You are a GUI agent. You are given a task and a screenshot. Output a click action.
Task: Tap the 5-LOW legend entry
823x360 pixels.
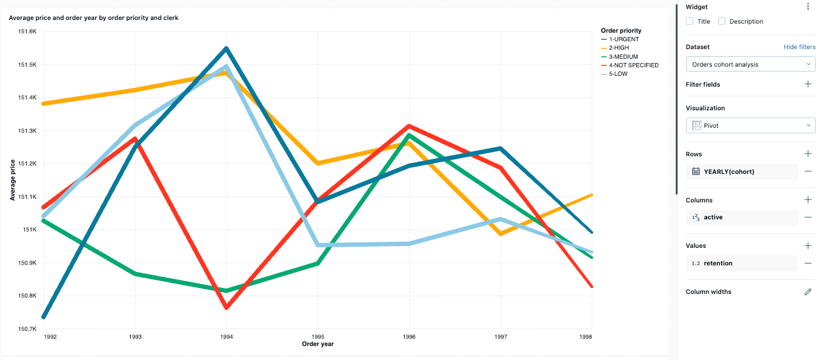pos(618,74)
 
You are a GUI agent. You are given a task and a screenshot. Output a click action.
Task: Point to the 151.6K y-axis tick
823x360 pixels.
pos(28,32)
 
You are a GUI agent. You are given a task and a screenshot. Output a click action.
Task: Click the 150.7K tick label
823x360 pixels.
pos(28,329)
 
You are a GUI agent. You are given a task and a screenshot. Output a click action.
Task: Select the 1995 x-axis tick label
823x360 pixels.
pos(318,336)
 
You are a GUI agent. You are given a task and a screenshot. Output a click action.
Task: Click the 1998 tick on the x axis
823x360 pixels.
pos(585,336)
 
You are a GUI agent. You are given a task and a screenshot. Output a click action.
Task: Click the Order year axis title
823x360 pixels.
pos(318,344)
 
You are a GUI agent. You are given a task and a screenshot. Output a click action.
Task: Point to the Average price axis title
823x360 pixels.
pos(12,180)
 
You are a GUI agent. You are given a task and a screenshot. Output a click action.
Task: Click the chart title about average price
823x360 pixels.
pos(93,18)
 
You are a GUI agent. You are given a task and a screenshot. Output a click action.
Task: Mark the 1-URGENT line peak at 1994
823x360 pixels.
pos(226,48)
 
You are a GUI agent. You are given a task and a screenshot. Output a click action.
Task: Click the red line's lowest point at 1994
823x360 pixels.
pos(226,308)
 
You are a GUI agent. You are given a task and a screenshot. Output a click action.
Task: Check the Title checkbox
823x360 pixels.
pos(690,21)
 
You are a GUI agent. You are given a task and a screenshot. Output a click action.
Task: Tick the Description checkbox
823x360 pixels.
pos(722,21)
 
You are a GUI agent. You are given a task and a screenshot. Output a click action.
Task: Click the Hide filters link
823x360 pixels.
pos(799,47)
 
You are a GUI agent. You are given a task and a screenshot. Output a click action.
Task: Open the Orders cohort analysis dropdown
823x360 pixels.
pos(750,64)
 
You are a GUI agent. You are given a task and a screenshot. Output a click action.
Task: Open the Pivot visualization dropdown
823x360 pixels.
pos(750,125)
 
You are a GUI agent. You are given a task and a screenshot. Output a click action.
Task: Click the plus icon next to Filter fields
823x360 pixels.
pos(808,84)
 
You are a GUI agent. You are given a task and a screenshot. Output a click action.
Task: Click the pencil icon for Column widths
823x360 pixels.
pos(808,292)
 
